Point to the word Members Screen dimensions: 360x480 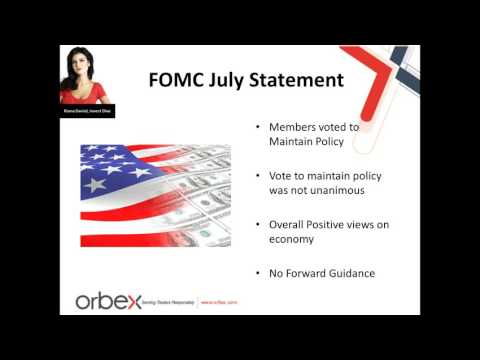pos(290,128)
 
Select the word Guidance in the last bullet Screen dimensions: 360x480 pos(358,271)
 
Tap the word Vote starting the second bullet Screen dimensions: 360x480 pos(283,175)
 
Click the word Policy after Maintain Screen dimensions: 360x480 pos(337,143)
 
